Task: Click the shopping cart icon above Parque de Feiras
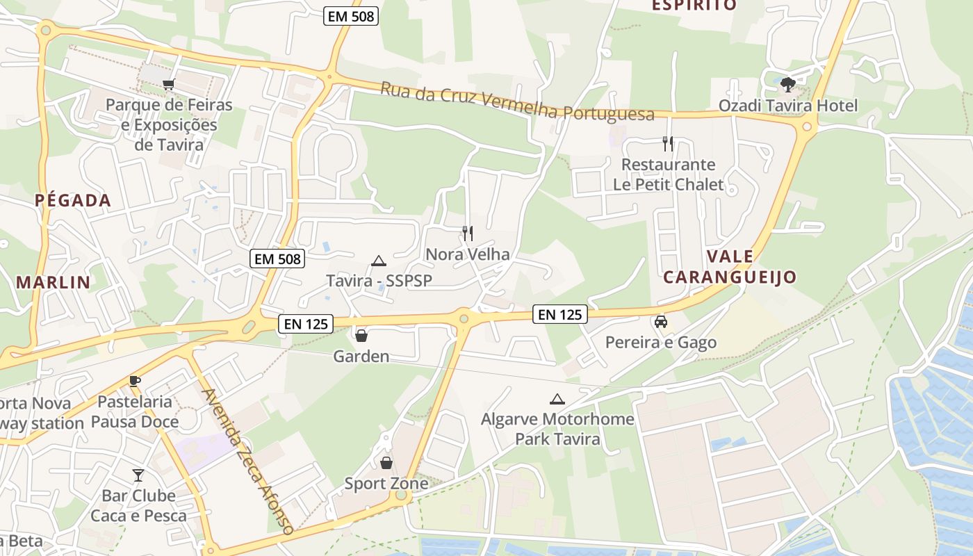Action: [x=168, y=85]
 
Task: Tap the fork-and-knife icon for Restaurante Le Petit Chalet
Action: [x=668, y=144]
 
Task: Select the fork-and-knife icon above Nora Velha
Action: [x=468, y=234]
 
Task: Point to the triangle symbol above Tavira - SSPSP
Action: [x=378, y=261]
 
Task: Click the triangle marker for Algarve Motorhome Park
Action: [x=557, y=400]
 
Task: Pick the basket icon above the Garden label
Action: [x=361, y=336]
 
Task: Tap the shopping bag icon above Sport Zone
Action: [x=386, y=462]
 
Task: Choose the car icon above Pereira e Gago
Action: [x=660, y=322]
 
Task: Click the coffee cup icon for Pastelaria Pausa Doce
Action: [x=135, y=381]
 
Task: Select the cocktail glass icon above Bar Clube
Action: [x=138, y=475]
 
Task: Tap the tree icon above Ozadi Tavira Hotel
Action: [x=787, y=85]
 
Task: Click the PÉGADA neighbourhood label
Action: [x=73, y=201]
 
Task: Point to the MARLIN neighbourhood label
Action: [x=54, y=282]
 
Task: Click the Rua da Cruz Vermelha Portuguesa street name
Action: [x=517, y=103]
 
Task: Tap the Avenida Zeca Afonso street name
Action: [x=247, y=461]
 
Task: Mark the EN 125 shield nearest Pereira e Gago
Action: [x=560, y=314]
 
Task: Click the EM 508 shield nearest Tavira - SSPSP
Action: [x=277, y=259]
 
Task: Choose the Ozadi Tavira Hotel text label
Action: [x=788, y=106]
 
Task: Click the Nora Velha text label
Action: [x=468, y=254]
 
